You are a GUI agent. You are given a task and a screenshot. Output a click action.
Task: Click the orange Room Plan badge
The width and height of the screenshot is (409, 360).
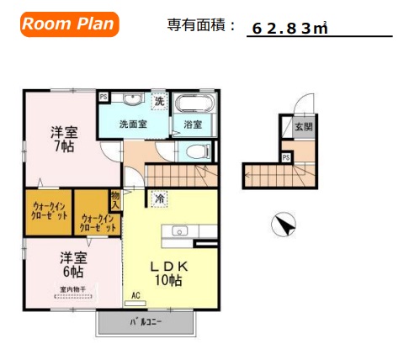pyautogui.click(x=68, y=24)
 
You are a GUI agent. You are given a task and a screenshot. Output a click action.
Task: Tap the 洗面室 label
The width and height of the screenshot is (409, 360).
pyautogui.click(x=132, y=124)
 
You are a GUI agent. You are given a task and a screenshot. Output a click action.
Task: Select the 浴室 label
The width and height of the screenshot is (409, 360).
pyautogui.click(x=193, y=124)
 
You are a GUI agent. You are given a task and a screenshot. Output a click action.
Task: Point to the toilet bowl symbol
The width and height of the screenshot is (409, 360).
pyautogui.click(x=197, y=152)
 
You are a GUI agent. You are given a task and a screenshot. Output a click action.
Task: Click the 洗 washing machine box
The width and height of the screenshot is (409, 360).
pyautogui.click(x=159, y=102)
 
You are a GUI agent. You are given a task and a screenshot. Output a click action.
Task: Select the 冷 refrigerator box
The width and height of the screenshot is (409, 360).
pyautogui.click(x=158, y=199)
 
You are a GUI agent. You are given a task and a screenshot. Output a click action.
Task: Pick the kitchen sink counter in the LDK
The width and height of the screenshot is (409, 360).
pyautogui.click(x=178, y=231)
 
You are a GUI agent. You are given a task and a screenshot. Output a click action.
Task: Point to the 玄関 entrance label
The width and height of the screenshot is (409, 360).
pyautogui.click(x=302, y=127)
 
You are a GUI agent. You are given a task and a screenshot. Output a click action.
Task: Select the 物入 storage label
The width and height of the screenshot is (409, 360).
pyautogui.click(x=115, y=199)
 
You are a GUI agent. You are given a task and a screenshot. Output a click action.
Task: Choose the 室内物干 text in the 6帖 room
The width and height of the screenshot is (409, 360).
pyautogui.click(x=73, y=289)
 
